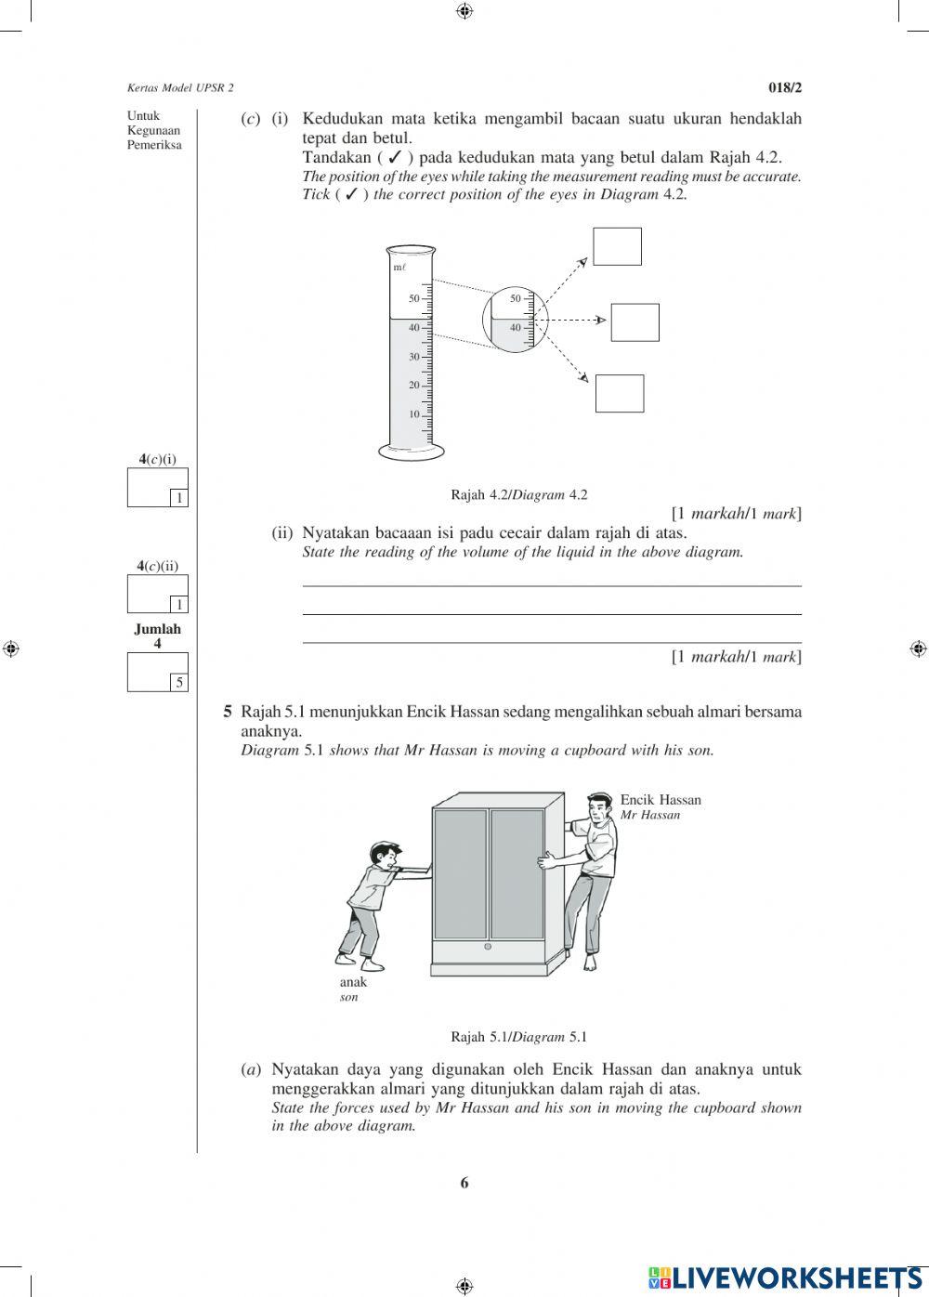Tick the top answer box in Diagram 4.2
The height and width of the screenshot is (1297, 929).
617,246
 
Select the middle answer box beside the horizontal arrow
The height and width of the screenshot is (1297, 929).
635,322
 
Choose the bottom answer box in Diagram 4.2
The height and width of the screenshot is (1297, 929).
619,393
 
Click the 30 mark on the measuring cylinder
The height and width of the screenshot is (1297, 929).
414,357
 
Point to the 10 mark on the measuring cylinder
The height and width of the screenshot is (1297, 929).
414,414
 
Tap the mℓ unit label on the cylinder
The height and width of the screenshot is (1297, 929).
399,268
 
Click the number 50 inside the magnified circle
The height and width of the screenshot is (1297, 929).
516,298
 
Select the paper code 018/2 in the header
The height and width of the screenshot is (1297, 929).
784,87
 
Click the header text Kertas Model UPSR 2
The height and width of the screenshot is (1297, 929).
180,87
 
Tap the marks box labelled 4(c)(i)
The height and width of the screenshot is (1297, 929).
157,488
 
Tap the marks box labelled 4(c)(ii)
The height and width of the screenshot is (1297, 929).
157,595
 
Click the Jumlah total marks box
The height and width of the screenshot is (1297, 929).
157,672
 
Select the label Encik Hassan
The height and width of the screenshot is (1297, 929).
661,800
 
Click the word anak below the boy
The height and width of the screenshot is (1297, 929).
353,982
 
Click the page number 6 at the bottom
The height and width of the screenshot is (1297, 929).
464,1183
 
